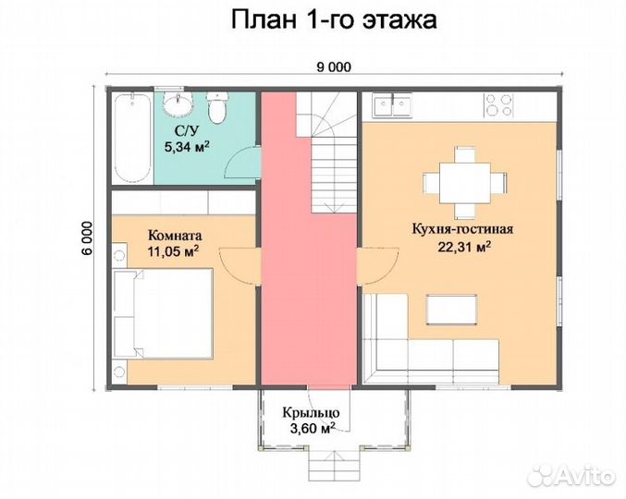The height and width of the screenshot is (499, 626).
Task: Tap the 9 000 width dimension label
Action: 333,66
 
